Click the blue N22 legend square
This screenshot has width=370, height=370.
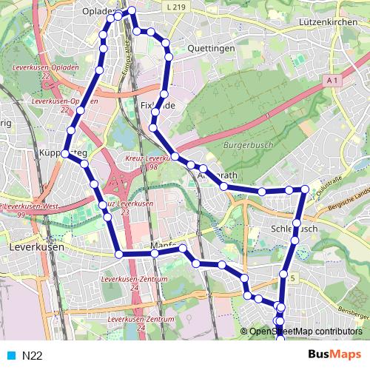coord(10,355)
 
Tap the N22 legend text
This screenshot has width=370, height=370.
coord(32,355)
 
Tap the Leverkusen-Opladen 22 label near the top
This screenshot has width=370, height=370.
coord(46,72)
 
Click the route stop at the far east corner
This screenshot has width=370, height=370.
coord(304,190)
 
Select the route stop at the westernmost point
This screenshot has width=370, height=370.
coord(65,153)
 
